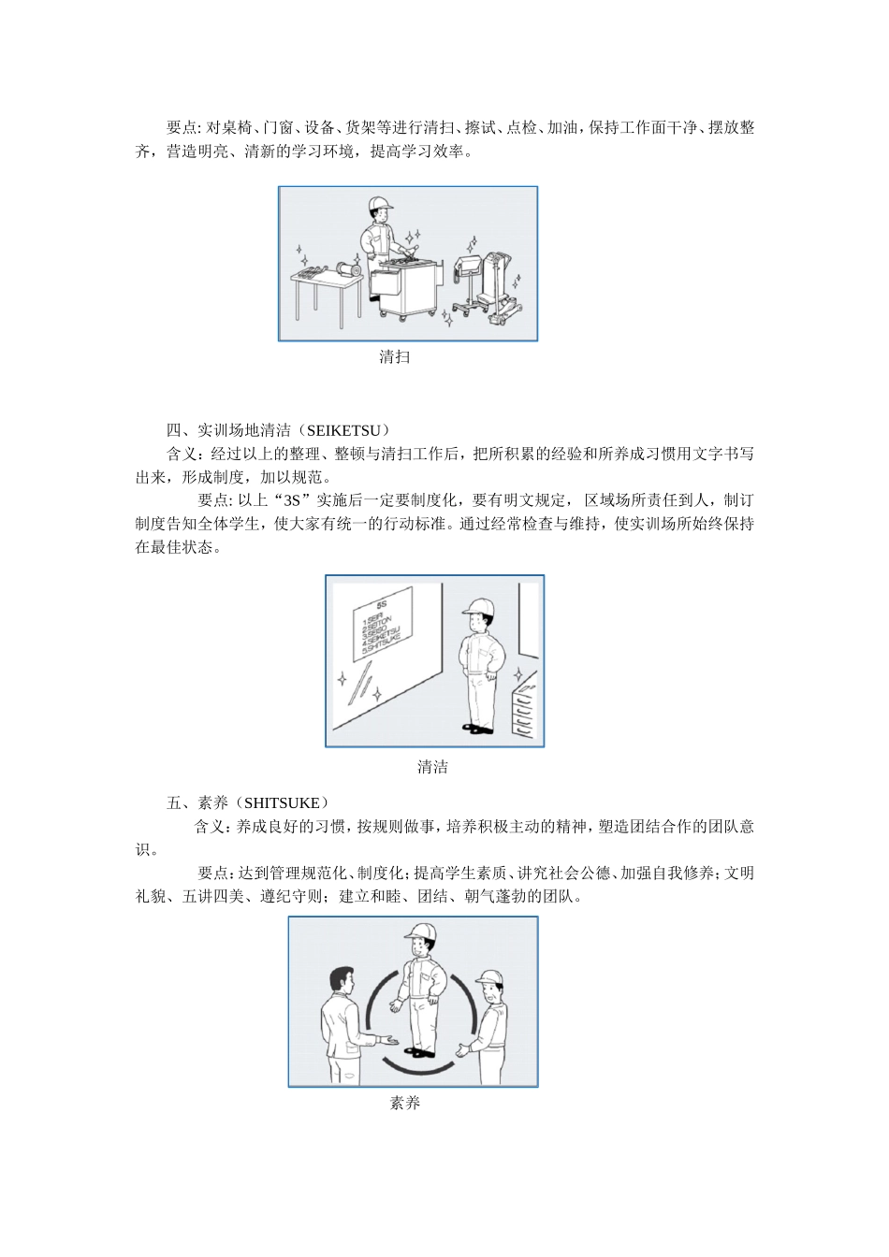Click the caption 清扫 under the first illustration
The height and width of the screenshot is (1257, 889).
(x=394, y=356)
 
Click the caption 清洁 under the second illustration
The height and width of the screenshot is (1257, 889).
(x=432, y=767)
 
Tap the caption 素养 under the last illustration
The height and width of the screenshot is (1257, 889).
(x=404, y=1103)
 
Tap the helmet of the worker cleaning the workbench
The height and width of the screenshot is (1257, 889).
(x=380, y=204)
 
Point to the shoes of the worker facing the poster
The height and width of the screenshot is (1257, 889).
(x=478, y=728)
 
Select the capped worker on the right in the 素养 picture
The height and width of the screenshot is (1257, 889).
(x=489, y=1024)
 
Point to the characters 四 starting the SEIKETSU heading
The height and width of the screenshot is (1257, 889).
(x=174, y=430)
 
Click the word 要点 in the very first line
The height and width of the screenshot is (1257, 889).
(x=182, y=128)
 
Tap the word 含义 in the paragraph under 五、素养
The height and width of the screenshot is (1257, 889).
(x=209, y=827)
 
